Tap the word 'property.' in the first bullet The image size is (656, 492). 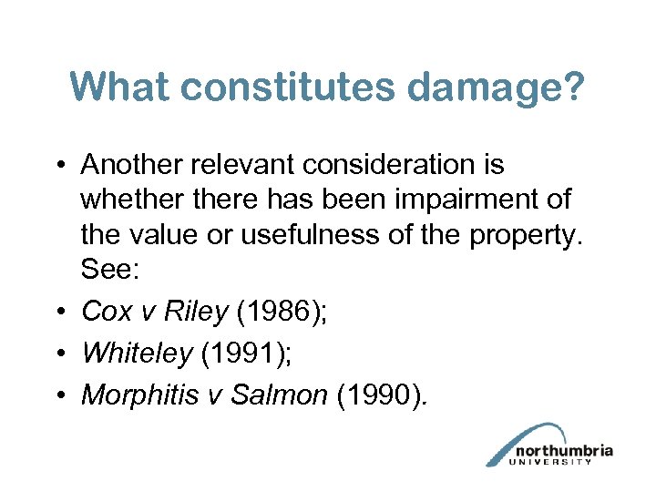(x=526, y=235)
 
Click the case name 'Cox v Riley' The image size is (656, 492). (x=155, y=313)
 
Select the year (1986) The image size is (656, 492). (x=282, y=313)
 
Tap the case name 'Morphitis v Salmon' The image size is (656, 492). (x=204, y=395)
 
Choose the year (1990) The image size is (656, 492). (x=381, y=395)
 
